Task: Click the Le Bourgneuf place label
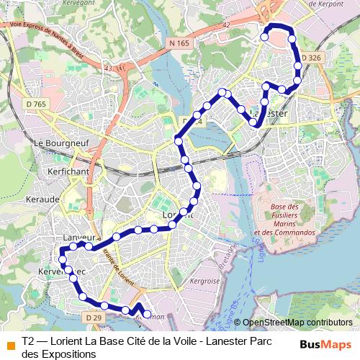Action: [x=60, y=143]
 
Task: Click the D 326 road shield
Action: [x=310, y=57]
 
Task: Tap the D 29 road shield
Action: [x=91, y=318]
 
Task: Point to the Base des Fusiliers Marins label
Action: [x=285, y=220]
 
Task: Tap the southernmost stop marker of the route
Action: [x=148, y=315]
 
